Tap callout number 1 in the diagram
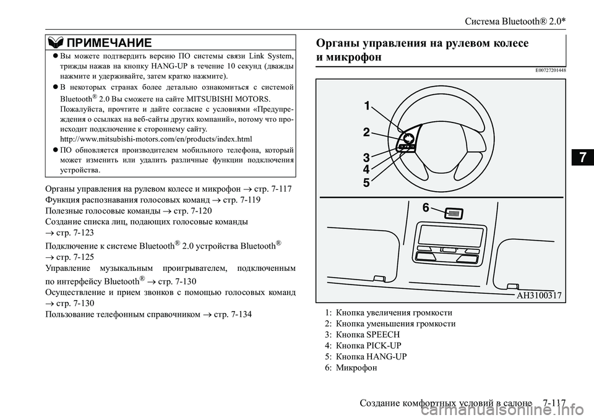368,106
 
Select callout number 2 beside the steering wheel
366,132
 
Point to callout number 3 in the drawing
366,157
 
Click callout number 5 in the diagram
366,182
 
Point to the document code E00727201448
547,70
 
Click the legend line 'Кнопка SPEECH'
363,334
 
